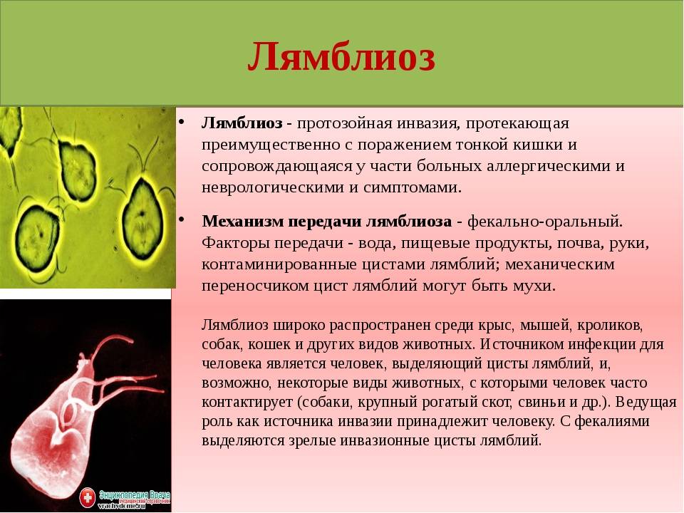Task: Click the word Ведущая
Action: click(x=648, y=402)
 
